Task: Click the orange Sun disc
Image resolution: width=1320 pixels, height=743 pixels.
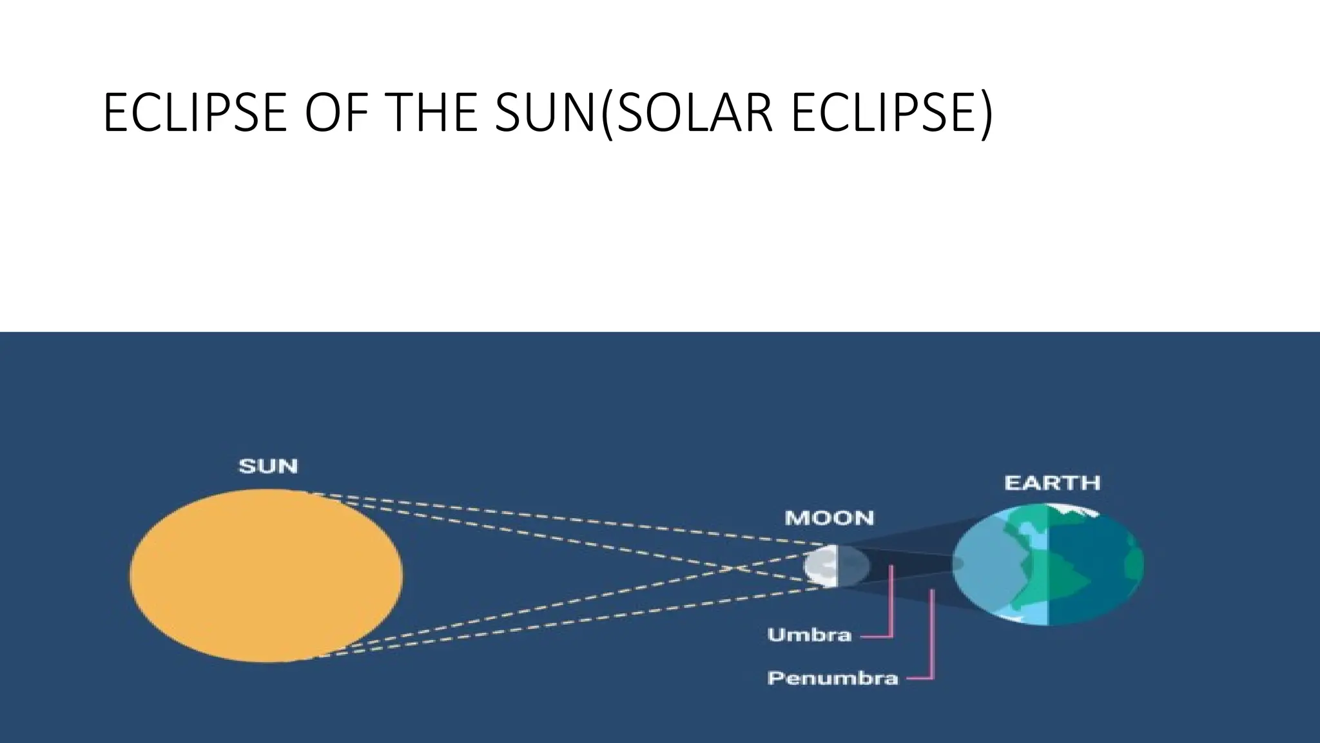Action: [x=266, y=575]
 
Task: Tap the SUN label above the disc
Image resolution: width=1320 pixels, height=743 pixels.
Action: [x=268, y=466]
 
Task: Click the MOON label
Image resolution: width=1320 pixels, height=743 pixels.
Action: [x=829, y=518]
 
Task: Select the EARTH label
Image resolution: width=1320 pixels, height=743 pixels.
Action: [x=1052, y=483]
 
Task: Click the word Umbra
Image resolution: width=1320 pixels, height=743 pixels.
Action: [x=810, y=635]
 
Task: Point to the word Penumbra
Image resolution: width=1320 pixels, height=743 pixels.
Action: [x=832, y=679]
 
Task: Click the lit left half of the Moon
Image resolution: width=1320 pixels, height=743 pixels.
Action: [x=820, y=566]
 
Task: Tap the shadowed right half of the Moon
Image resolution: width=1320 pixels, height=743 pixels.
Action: [x=852, y=566]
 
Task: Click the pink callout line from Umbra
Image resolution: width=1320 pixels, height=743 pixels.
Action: [x=891, y=606]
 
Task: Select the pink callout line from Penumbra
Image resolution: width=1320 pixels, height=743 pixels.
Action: [x=932, y=639]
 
